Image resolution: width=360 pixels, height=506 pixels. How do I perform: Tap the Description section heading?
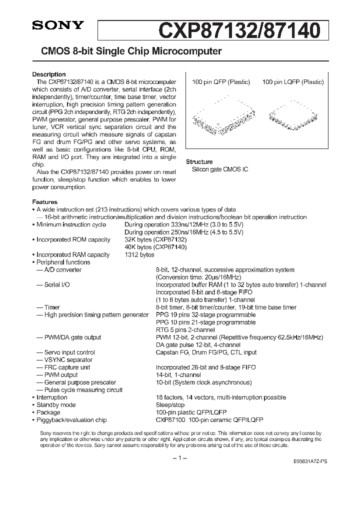pos(49,74)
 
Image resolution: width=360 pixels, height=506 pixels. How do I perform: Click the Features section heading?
pos(45,202)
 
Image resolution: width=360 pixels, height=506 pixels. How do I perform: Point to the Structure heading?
pos(199,162)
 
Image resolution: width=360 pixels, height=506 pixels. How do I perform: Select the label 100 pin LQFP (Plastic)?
pos(292,82)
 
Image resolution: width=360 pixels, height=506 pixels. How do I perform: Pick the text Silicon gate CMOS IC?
pos(220,169)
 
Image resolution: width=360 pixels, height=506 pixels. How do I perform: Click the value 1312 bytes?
pos(139,254)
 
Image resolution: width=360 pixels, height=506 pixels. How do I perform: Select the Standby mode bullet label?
pos(56,404)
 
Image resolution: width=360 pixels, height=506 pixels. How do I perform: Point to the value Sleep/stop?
pos(169,404)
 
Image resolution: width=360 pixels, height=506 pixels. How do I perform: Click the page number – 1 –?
pos(179,458)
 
